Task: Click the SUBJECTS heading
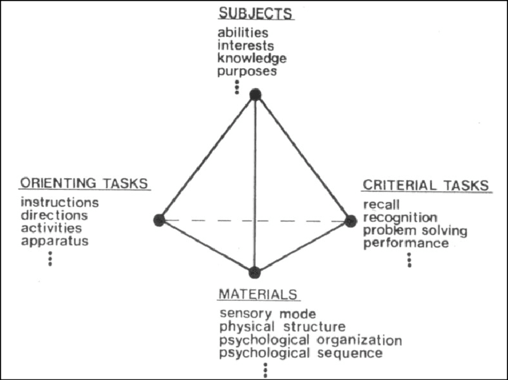click(255, 14)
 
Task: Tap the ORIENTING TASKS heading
click(84, 183)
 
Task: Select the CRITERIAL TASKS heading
click(426, 185)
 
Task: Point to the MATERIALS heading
click(258, 295)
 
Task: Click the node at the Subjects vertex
click(255, 95)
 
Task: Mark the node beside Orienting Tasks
click(160, 220)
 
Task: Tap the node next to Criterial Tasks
click(351, 221)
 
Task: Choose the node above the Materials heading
click(255, 273)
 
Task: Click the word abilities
click(243, 32)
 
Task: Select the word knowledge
click(252, 59)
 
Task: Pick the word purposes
click(247, 71)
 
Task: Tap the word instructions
click(60, 203)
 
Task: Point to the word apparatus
click(55, 241)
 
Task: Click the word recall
click(381, 205)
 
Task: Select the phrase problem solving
click(415, 231)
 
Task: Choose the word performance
click(406, 243)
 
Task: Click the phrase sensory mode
click(268, 314)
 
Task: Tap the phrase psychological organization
click(311, 340)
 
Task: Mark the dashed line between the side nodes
click(255, 220)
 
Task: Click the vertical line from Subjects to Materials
click(255, 183)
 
